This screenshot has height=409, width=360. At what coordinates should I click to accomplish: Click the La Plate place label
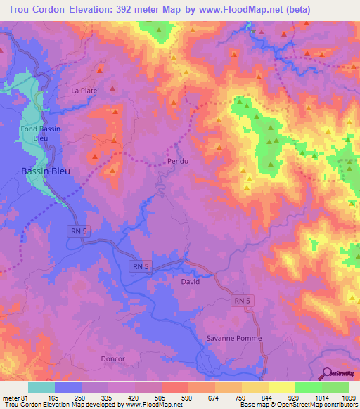click(84, 91)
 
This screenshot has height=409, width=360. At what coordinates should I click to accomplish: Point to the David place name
click(190, 282)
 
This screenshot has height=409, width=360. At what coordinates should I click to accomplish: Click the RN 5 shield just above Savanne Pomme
click(240, 301)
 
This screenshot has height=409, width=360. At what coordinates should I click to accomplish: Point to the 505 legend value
click(161, 398)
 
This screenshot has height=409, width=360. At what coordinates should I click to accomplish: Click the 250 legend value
click(82, 398)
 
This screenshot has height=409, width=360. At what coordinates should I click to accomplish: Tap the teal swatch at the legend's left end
click(41, 387)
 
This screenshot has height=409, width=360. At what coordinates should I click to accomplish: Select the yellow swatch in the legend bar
click(281, 387)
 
